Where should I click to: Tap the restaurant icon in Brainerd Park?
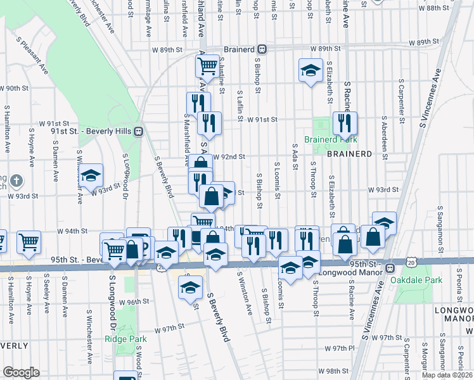click(x=345, y=122)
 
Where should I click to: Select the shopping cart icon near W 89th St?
click(x=207, y=65)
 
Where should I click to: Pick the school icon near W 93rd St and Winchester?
click(x=91, y=175)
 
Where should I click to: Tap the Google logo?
click(x=21, y=372)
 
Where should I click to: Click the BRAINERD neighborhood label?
click(x=349, y=154)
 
